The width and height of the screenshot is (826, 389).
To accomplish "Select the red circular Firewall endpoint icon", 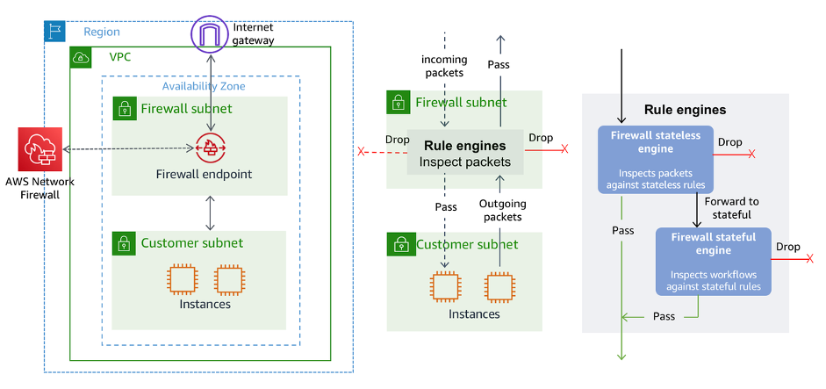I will tap(210, 148).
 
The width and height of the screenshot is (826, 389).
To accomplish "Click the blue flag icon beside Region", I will tap(54, 32).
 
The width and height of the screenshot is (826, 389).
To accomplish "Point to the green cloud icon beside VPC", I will tap(82, 57).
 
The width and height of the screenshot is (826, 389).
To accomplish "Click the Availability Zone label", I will tap(204, 86).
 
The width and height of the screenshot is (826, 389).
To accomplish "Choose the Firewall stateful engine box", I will tap(713, 261).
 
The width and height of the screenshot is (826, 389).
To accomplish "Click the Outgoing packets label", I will tap(502, 210).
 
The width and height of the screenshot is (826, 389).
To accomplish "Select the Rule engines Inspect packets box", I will tap(464, 154).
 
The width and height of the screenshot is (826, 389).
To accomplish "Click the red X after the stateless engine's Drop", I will tap(751, 153).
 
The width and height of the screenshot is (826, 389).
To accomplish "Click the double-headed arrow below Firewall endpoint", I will tap(210, 213).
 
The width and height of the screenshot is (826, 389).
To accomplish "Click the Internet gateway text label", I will tap(254, 33).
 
